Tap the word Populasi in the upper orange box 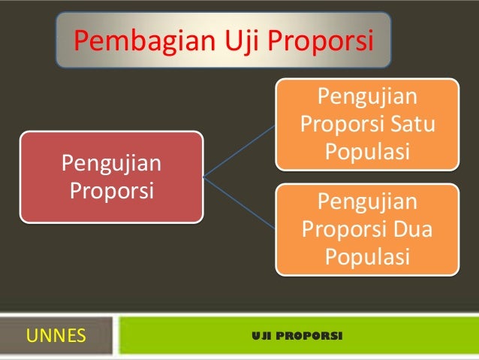tap(367, 150)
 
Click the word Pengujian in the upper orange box tap(367, 96)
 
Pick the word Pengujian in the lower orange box tap(367, 202)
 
